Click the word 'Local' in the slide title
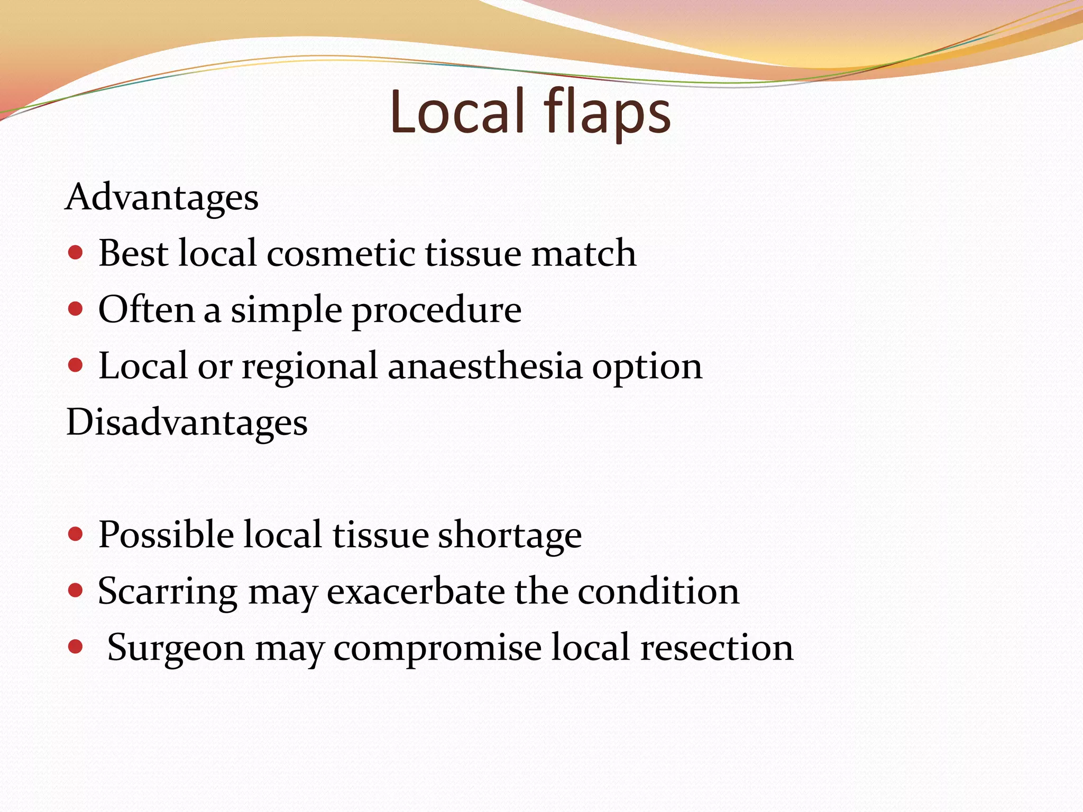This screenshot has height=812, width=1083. point(458,113)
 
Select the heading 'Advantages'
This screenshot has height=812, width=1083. point(162,198)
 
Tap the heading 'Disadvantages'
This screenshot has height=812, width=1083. point(187,423)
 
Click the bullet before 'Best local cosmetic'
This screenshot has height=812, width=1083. point(76,253)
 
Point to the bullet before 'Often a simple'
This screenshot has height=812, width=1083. point(76,309)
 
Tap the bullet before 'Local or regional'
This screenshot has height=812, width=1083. point(76,365)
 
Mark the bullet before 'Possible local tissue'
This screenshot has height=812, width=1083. point(76,534)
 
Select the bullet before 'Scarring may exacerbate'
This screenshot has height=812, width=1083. point(76,590)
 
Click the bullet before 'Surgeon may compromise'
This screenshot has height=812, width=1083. point(76,647)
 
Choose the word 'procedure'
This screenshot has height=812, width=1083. point(437,311)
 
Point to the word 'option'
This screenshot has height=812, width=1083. point(647,367)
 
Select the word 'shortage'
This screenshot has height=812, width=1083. point(510,536)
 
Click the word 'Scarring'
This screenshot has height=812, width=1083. point(168,592)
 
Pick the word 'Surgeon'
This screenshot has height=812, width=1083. point(176,648)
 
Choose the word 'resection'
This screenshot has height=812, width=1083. point(717,648)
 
